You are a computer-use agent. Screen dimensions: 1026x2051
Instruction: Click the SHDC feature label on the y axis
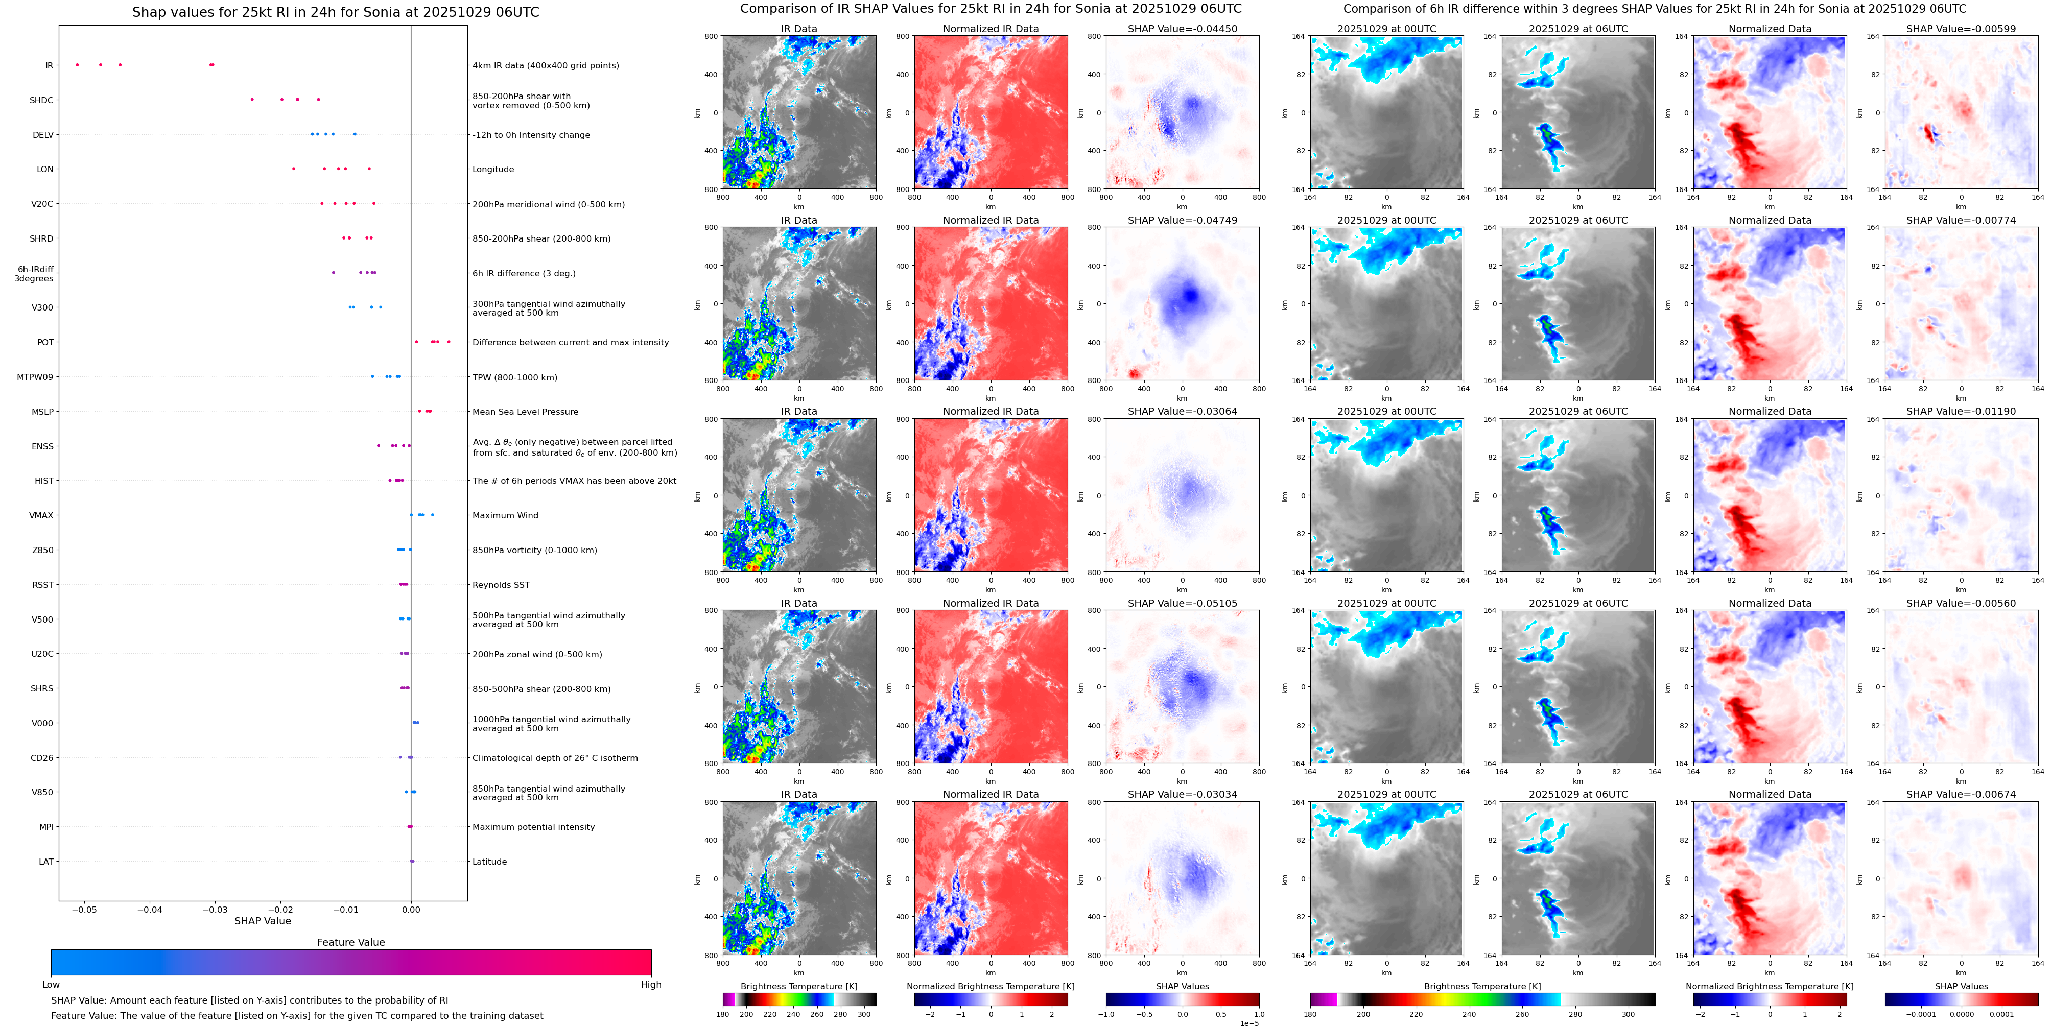click(x=41, y=100)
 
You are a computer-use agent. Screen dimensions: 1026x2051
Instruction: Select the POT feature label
click(x=45, y=342)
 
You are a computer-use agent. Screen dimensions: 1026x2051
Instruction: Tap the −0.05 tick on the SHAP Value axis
click(x=84, y=909)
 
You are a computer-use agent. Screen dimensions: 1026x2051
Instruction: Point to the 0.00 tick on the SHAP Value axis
click(x=411, y=909)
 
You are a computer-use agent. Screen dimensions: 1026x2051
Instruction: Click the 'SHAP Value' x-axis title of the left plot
click(x=263, y=921)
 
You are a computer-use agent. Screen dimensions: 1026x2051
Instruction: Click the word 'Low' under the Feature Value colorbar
click(x=51, y=985)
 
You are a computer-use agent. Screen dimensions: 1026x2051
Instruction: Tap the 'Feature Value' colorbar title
click(x=351, y=942)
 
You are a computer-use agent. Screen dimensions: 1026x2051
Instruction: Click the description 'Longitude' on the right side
click(x=493, y=170)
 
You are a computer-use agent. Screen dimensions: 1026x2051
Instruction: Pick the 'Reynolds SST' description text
click(x=501, y=585)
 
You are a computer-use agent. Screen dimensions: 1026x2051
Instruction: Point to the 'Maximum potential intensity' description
click(x=533, y=827)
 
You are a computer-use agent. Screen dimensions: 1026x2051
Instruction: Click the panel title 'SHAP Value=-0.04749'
click(x=1183, y=221)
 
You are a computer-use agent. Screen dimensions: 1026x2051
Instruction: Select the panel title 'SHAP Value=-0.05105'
click(x=1183, y=603)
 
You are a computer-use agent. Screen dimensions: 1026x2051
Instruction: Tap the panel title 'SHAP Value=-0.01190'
click(x=1961, y=412)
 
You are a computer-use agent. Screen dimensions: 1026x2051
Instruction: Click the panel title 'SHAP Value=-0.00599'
click(x=1961, y=29)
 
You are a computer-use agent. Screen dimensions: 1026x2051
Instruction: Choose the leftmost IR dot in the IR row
click(x=77, y=64)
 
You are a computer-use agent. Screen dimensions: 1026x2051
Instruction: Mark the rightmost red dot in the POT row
click(x=449, y=342)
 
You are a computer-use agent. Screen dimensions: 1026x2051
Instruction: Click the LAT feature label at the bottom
click(x=46, y=861)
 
